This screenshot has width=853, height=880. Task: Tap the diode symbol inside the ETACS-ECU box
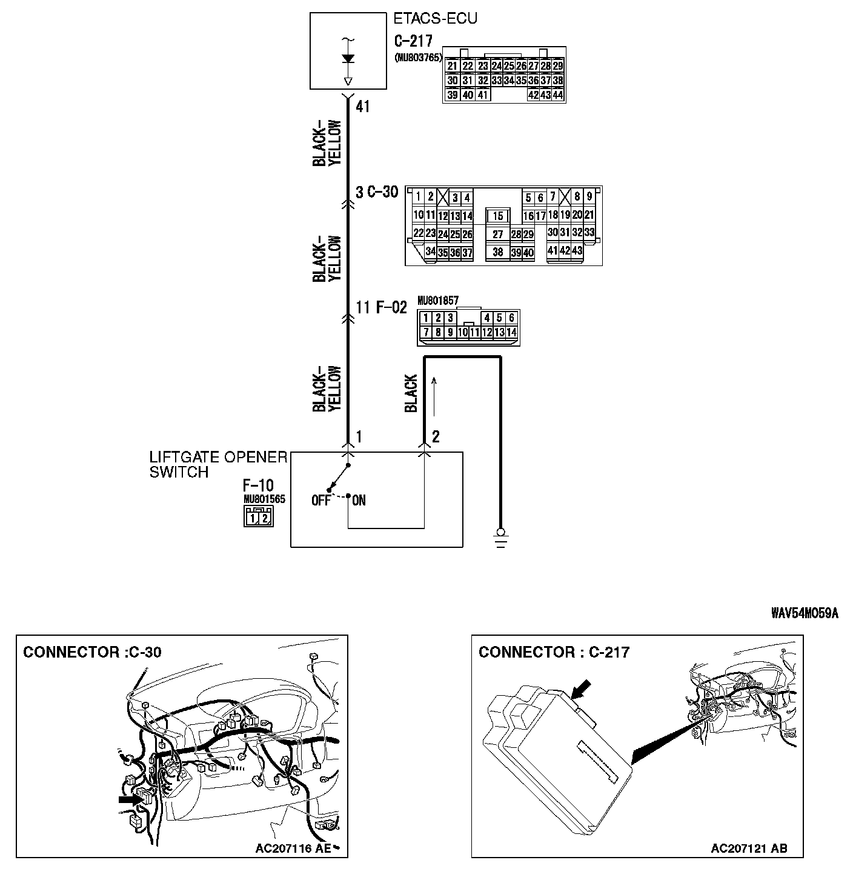pyautogui.click(x=348, y=59)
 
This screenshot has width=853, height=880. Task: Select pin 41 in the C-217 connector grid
pyautogui.click(x=482, y=95)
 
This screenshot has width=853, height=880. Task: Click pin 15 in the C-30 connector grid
pyautogui.click(x=497, y=216)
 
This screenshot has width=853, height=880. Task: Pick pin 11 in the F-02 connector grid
pyautogui.click(x=475, y=332)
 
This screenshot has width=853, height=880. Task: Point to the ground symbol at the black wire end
pyautogui.click(x=500, y=536)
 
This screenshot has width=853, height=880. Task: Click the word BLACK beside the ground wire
pyautogui.click(x=411, y=393)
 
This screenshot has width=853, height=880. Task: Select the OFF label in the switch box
pyautogui.click(x=321, y=501)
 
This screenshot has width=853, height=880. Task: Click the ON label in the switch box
pyautogui.click(x=359, y=501)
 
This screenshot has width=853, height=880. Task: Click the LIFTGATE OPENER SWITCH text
pyautogui.click(x=218, y=464)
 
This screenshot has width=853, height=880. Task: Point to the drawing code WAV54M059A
pyautogui.click(x=804, y=613)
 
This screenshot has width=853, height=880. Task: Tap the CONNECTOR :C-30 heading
pyautogui.click(x=92, y=652)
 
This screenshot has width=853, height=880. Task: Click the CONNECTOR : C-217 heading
pyautogui.click(x=554, y=652)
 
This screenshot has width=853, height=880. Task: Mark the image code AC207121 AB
pyautogui.click(x=749, y=848)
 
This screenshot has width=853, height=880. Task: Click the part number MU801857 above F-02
pyautogui.click(x=437, y=301)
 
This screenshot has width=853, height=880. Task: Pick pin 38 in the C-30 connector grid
pyautogui.click(x=497, y=252)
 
